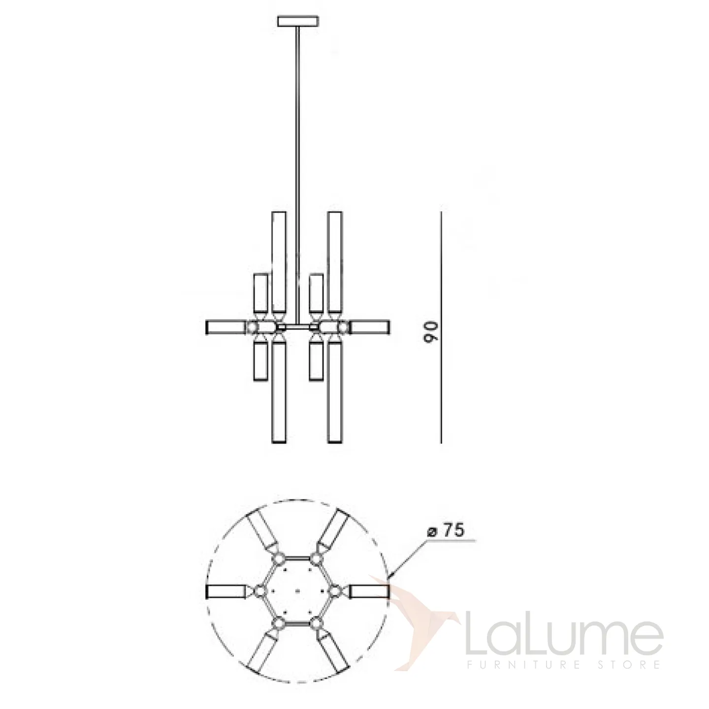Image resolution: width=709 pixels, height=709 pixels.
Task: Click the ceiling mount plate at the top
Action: [298, 21]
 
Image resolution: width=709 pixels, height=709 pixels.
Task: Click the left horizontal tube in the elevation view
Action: [226, 327]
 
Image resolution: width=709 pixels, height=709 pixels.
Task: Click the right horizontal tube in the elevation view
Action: [369, 327]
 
